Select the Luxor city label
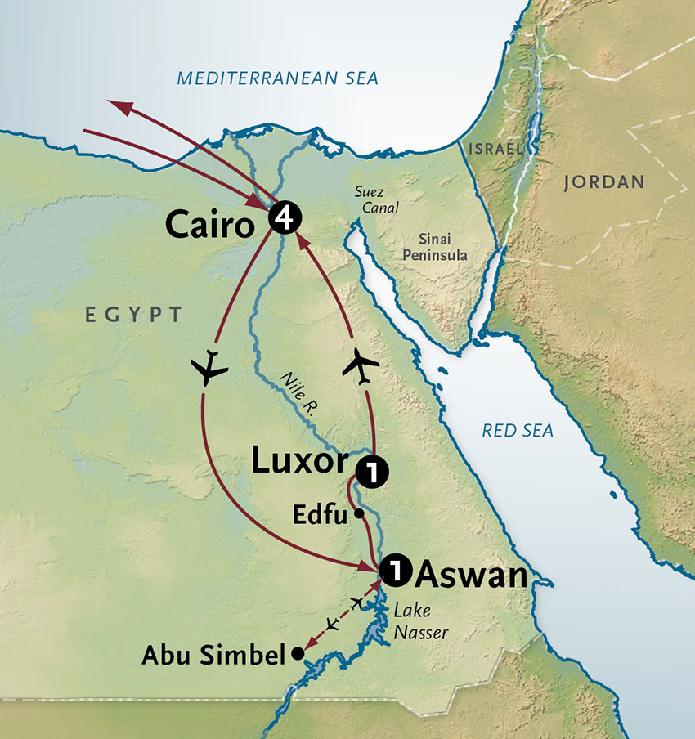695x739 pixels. (x=298, y=462)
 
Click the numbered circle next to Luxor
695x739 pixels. (x=370, y=472)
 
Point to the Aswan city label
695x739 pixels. (x=469, y=576)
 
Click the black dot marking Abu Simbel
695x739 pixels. (x=298, y=653)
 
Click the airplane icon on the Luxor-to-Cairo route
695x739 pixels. (x=361, y=363)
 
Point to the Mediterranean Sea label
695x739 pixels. (x=278, y=78)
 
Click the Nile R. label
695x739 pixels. (x=298, y=392)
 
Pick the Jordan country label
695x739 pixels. (x=603, y=182)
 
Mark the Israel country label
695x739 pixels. (x=495, y=149)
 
